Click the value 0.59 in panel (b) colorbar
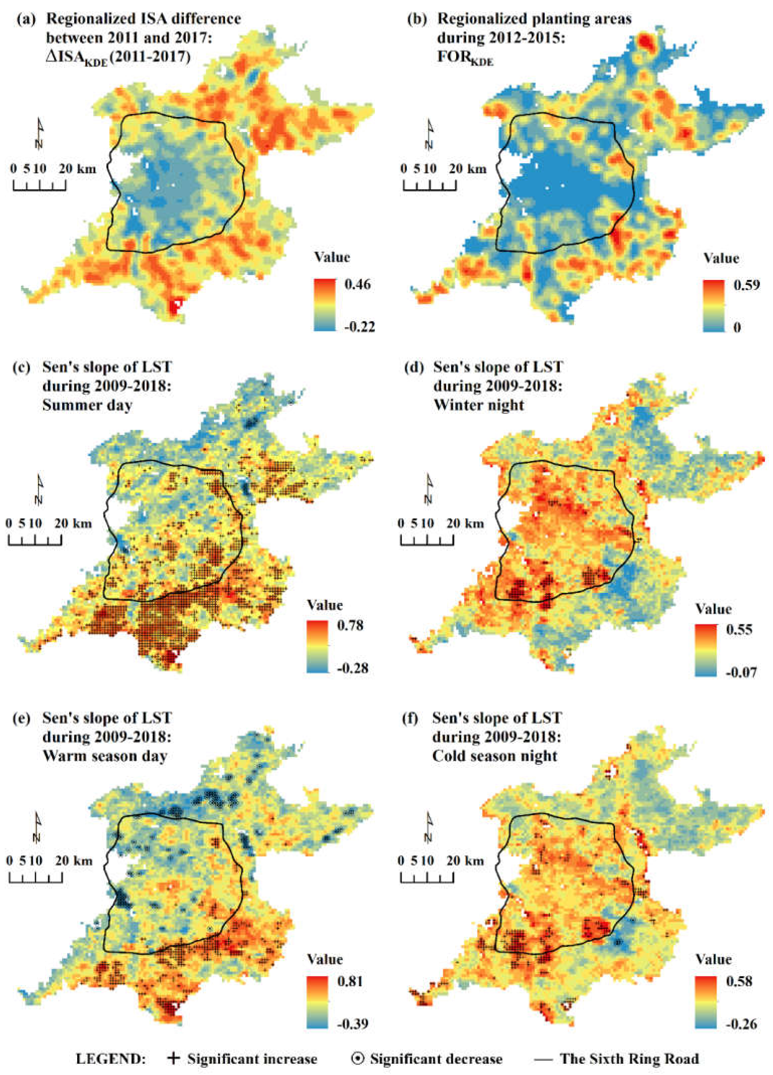746,285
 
